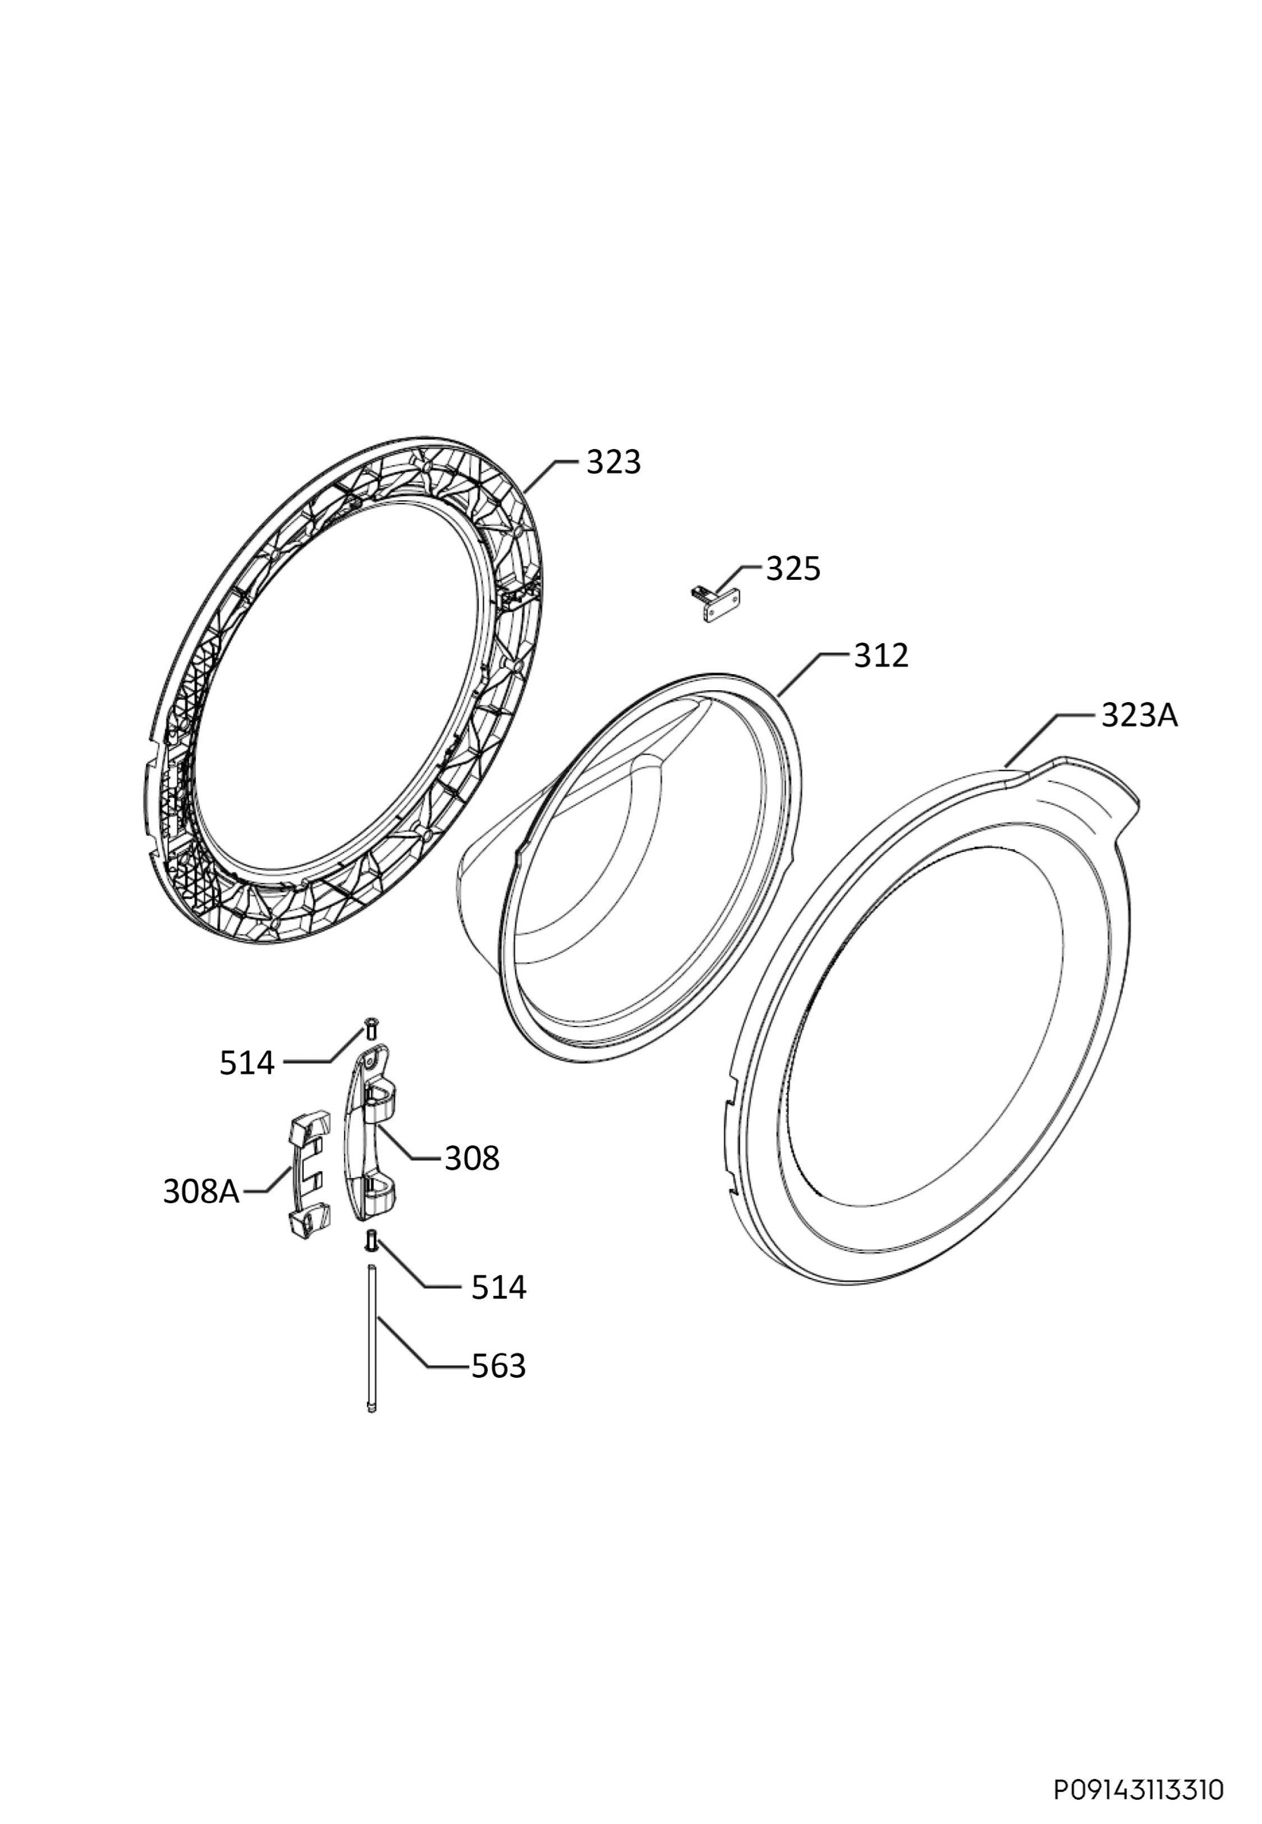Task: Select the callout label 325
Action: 793,568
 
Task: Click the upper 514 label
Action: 248,1063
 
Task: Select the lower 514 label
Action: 499,1287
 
